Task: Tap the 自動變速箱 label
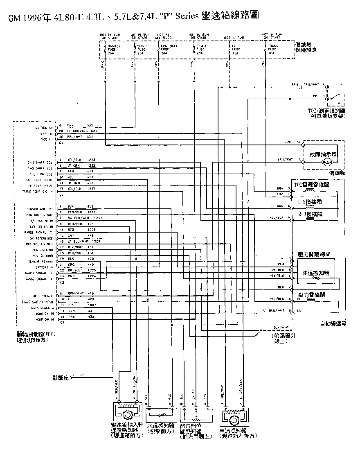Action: (333, 323)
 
